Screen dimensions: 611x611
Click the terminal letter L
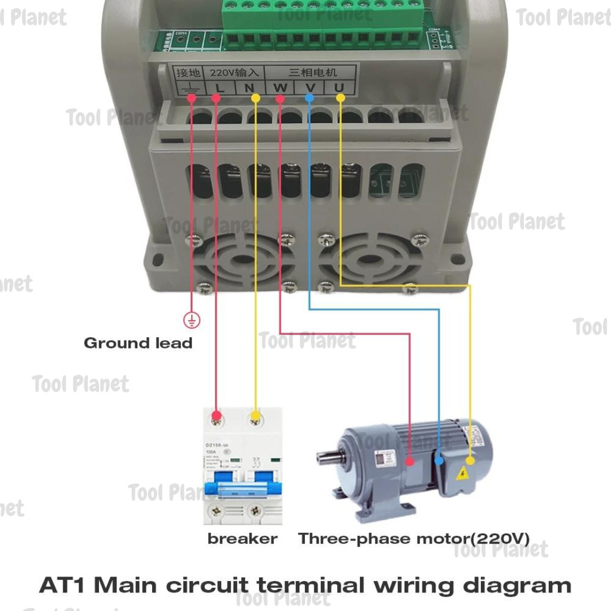(220, 88)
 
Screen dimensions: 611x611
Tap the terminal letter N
(249, 88)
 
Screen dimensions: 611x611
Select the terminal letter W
(280, 88)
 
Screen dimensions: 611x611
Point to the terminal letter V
(310, 88)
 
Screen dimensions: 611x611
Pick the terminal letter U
(339, 88)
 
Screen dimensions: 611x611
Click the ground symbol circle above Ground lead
(192, 320)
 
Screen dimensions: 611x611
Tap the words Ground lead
(138, 343)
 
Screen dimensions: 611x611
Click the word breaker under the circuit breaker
(242, 539)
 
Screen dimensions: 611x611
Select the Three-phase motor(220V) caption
(413, 539)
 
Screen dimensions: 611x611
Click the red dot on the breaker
(217, 415)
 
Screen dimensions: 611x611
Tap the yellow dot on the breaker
(255, 415)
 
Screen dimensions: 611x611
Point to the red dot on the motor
(410, 461)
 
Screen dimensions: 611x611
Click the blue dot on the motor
(440, 461)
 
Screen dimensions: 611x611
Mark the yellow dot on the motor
(470, 460)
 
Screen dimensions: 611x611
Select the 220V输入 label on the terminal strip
(234, 73)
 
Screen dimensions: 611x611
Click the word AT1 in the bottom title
(63, 585)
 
